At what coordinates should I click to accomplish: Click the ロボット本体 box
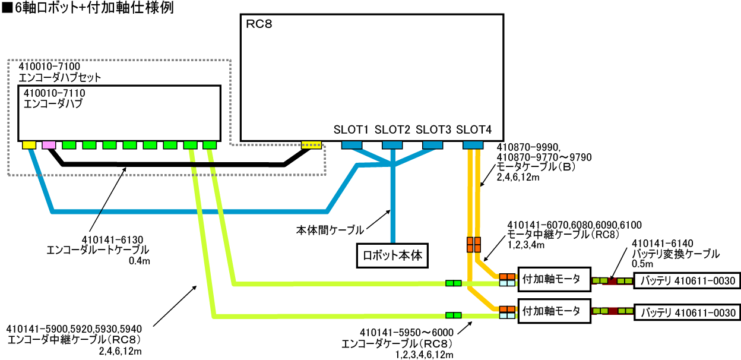pyautogui.click(x=391, y=256)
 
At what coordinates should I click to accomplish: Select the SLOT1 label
pyautogui.click(x=351, y=130)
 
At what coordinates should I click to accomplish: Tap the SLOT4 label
pyautogui.click(x=474, y=130)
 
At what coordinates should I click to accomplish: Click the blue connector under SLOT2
pyautogui.click(x=392, y=144)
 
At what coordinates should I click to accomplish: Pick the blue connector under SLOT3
pyautogui.click(x=432, y=144)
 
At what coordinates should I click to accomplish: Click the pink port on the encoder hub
pyautogui.click(x=49, y=144)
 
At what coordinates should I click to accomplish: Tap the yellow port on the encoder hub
pyautogui.click(x=28, y=144)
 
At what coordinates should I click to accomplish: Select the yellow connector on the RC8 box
pyautogui.click(x=311, y=144)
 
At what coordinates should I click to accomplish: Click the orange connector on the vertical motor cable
pyautogui.click(x=473, y=244)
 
